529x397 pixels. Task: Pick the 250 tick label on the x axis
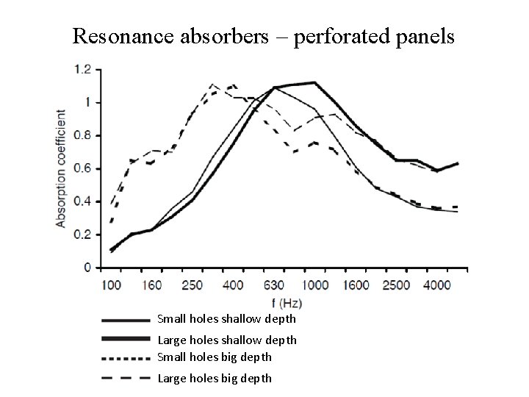click(x=192, y=285)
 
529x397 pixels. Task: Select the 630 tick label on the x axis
click(x=275, y=285)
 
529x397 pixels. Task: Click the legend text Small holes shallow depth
click(x=226, y=319)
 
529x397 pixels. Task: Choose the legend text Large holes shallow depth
click(x=227, y=340)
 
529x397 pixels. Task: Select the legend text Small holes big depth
click(x=215, y=357)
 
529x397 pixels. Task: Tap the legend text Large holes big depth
click(x=215, y=378)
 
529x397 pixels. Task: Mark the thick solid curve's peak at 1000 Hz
click(x=314, y=82)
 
